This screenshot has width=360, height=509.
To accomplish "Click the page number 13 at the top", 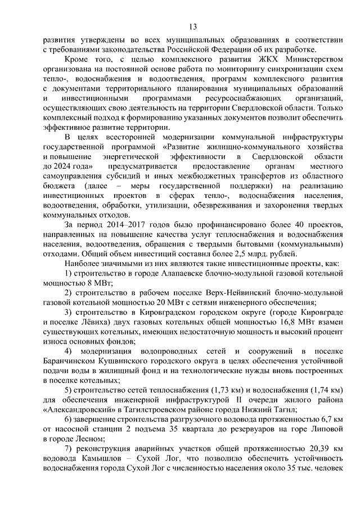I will [192, 26].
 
